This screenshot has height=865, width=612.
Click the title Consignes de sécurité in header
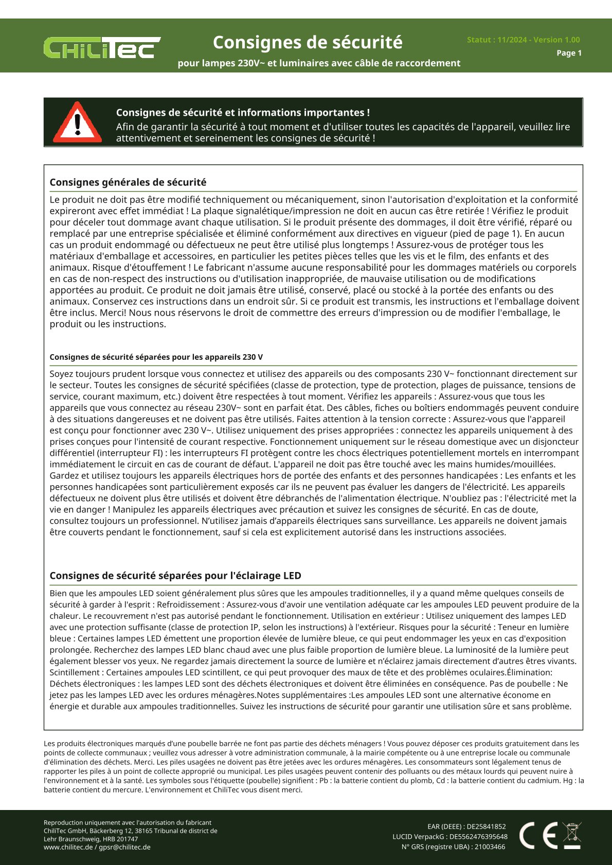click(308, 42)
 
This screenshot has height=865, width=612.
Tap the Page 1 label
click(569, 53)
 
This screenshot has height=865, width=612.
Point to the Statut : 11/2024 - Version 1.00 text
click(523, 40)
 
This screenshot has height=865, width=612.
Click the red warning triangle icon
click(78, 123)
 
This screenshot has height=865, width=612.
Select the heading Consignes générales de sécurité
click(128, 182)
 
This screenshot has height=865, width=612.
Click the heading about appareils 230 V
click(156, 357)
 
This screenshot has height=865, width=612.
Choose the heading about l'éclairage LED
click(175, 576)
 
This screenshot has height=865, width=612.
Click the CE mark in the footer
click(538, 835)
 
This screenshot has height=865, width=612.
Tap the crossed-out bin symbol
click(572, 835)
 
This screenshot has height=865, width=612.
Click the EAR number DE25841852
click(486, 827)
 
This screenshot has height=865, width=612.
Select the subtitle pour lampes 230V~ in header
click(319, 63)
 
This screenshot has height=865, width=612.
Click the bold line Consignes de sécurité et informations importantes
click(243, 113)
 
